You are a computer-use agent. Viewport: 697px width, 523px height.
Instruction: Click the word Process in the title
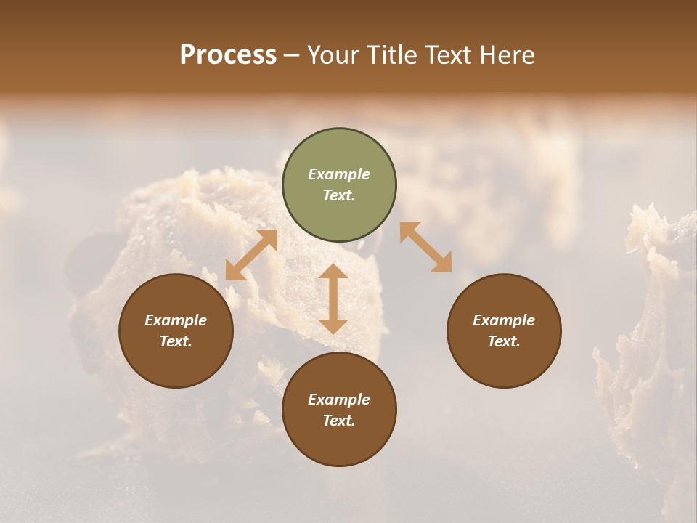[x=228, y=55]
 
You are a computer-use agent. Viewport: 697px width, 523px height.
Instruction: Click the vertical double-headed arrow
[x=333, y=299]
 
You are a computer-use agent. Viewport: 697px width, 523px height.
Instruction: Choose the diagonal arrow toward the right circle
[x=425, y=247]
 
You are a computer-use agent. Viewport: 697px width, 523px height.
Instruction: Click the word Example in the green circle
[x=339, y=174]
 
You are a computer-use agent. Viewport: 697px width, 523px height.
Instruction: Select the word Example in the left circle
[x=176, y=320]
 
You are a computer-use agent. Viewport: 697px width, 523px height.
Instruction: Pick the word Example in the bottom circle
[x=339, y=400]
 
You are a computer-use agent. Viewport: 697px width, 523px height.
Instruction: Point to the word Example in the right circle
[x=504, y=320]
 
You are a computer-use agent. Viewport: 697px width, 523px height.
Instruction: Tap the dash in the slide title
[x=292, y=56]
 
